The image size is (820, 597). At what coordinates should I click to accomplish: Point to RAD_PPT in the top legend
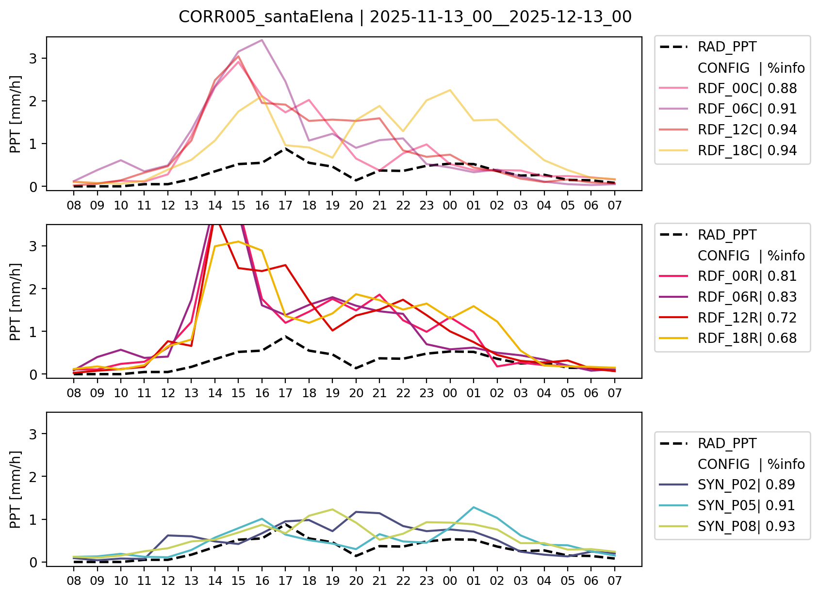(x=727, y=47)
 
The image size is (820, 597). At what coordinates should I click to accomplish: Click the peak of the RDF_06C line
(x=262, y=40)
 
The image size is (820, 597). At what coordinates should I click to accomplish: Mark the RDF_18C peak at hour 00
(x=450, y=90)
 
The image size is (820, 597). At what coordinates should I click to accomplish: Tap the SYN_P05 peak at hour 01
(x=473, y=507)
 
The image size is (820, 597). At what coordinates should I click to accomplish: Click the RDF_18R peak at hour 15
(x=238, y=241)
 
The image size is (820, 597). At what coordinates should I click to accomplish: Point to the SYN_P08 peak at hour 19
(x=332, y=509)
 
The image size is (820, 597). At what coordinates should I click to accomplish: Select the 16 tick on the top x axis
(x=262, y=205)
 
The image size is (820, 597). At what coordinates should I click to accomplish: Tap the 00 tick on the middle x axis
(x=450, y=393)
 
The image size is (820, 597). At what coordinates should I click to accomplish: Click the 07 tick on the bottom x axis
(x=614, y=581)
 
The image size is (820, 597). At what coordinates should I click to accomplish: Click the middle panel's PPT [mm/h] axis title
(x=16, y=302)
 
